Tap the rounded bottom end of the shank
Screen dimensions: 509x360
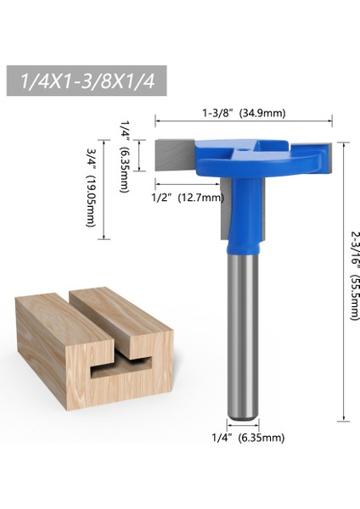(243, 417)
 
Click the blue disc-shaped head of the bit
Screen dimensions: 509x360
(255, 161)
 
